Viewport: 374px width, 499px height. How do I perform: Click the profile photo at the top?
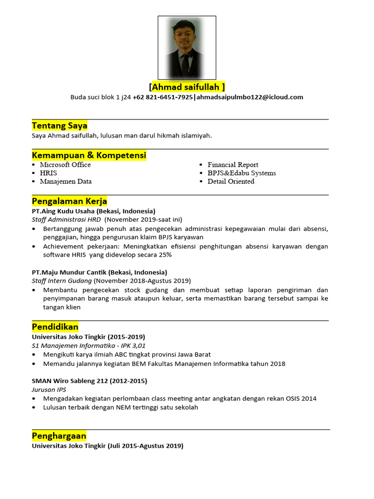[x=187, y=47]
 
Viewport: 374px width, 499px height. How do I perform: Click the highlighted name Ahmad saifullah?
[x=187, y=87]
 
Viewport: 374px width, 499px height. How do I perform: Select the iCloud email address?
[x=249, y=97]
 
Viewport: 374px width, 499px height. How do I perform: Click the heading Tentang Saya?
[x=59, y=126]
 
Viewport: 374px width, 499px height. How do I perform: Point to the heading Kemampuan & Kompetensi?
[x=89, y=155]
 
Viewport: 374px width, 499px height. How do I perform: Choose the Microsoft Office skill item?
[x=65, y=165]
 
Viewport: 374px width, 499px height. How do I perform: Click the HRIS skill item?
[x=48, y=173]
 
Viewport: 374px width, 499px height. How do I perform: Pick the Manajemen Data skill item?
[x=66, y=181]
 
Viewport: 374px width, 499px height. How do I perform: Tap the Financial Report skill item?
[x=233, y=165]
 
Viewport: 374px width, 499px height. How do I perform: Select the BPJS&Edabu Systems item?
[x=242, y=173]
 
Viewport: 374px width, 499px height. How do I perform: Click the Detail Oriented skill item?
[x=231, y=181]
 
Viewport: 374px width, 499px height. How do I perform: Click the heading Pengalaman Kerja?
[x=69, y=201]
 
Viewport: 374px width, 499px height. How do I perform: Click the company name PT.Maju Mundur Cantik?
[x=70, y=272]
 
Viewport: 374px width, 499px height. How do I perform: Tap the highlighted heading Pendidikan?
[x=55, y=326]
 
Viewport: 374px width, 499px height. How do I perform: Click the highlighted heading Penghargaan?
[x=59, y=436]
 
